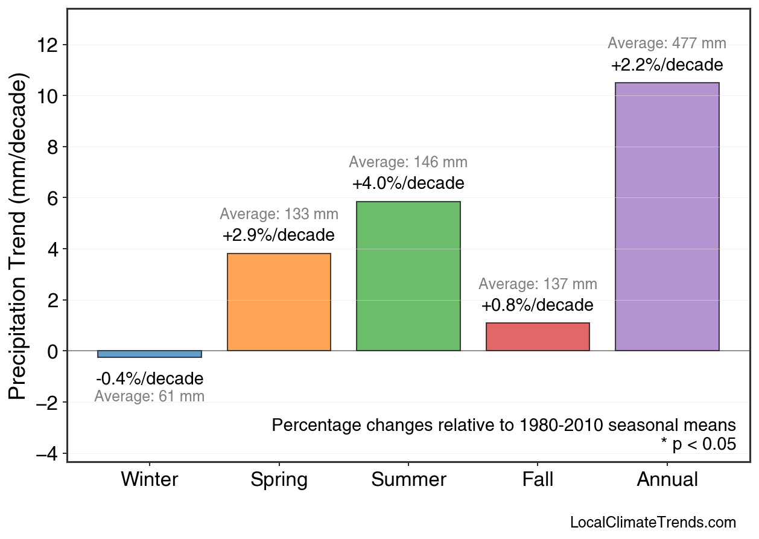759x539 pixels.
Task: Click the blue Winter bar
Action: click(x=150, y=354)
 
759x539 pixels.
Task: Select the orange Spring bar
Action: click(x=279, y=302)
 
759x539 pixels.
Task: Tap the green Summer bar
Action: click(x=408, y=276)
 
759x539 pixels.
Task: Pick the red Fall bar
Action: click(x=538, y=337)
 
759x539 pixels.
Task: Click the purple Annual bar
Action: click(x=667, y=217)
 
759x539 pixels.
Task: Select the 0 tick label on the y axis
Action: click(x=53, y=351)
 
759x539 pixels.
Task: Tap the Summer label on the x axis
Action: click(x=408, y=480)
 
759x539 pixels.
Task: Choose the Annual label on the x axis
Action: click(x=667, y=480)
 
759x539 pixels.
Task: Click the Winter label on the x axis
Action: click(x=150, y=480)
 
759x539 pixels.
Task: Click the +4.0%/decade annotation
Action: click(x=408, y=183)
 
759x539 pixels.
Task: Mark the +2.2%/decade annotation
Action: click(x=667, y=65)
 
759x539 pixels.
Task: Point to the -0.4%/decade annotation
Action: click(x=150, y=379)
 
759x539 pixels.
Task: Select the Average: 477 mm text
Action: click(x=667, y=43)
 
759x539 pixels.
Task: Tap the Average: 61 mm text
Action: click(x=150, y=397)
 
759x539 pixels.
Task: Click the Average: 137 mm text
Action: click(x=538, y=284)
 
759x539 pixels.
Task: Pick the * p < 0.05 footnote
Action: click(x=698, y=445)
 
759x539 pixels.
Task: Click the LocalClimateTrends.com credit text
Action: click(x=653, y=523)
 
